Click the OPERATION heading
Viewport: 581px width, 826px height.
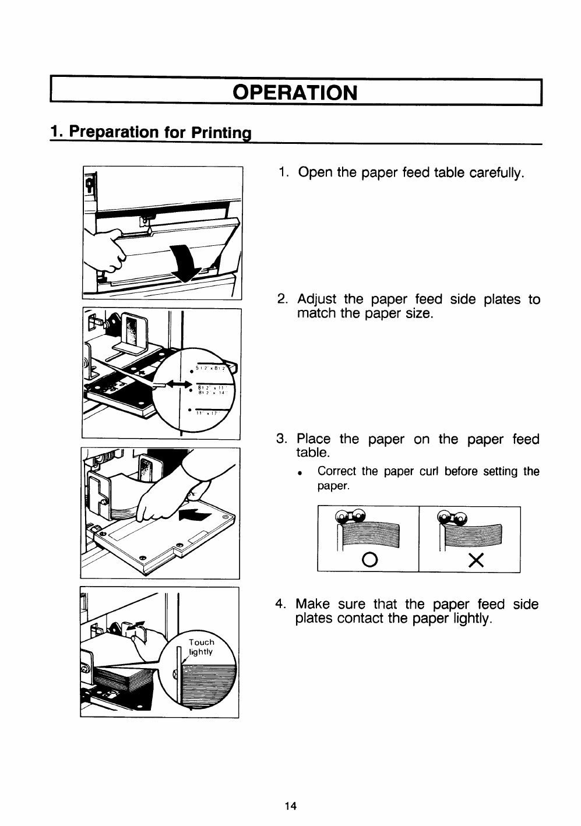click(x=294, y=93)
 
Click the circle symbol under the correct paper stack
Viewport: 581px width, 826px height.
click(x=368, y=560)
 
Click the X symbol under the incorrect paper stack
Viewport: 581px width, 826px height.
click(x=476, y=560)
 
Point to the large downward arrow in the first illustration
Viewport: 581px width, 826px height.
click(x=184, y=263)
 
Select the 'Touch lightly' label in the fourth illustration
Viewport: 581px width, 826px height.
click(x=201, y=647)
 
